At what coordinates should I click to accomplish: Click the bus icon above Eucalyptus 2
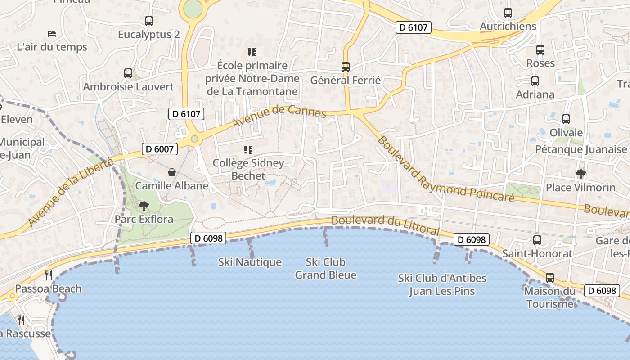[x=149, y=21]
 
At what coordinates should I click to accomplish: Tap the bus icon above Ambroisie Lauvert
[x=128, y=73]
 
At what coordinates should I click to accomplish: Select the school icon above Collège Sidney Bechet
[x=248, y=149]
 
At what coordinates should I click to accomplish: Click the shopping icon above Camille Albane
[x=172, y=172]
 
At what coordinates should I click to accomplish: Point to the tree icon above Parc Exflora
[x=144, y=206]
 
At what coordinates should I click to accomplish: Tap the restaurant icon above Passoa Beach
[x=49, y=275]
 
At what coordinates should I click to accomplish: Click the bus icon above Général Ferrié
[x=346, y=67]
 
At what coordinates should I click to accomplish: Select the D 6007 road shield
[x=160, y=149]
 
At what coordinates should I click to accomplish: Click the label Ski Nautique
[x=250, y=262]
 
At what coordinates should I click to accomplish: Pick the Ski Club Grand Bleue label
[x=325, y=268]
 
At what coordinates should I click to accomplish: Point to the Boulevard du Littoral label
[x=385, y=225]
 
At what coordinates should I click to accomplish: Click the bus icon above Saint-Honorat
[x=537, y=240]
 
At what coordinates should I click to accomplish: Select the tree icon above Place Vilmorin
[x=580, y=174]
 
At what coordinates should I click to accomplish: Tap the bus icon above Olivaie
[x=566, y=119]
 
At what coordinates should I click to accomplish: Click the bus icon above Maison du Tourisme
[x=549, y=277]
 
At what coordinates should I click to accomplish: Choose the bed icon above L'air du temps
[x=52, y=34]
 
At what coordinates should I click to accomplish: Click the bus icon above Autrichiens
[x=508, y=13]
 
